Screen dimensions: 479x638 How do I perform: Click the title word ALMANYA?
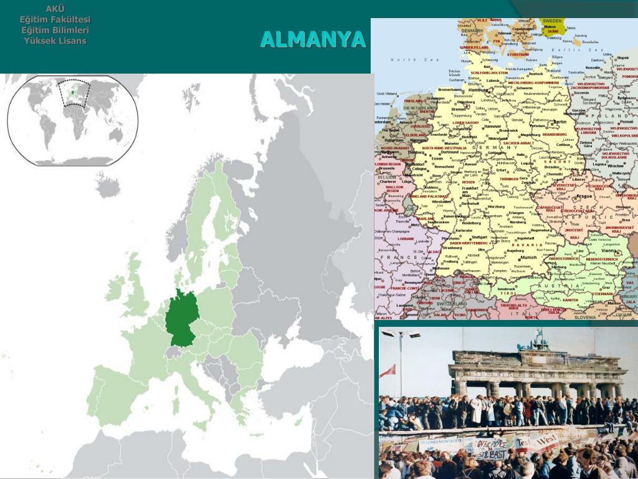pos(313,39)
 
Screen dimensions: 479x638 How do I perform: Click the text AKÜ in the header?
pos(55,9)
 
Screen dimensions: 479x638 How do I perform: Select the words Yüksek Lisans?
pos(55,41)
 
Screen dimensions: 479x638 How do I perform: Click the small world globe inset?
pos(73,120)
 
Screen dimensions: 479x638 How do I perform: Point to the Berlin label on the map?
pos(559,122)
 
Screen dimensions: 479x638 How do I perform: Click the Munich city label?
pos(528,257)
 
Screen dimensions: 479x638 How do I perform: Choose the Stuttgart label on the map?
pos(479,237)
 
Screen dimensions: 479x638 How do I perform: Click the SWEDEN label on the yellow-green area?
pos(553,21)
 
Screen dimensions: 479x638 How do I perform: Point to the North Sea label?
pos(406,59)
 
